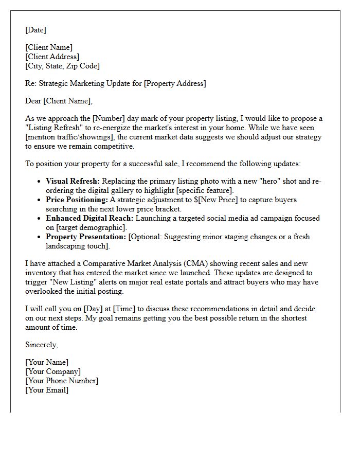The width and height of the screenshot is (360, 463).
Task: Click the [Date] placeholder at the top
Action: pos(35,30)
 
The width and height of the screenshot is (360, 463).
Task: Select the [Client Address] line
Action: pos(52,57)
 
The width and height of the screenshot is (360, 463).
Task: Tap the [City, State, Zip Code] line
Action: pos(62,66)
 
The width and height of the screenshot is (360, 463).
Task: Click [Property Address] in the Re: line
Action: pos(175,83)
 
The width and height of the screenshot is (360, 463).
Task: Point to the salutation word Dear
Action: pos(33,101)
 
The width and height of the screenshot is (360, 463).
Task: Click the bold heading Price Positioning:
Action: pos(77,200)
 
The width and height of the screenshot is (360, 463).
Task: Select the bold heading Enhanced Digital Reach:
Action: pos(89,218)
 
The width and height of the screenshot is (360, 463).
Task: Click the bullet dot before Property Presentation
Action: pos(40,237)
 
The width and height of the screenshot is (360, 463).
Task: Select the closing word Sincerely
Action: pos(41,345)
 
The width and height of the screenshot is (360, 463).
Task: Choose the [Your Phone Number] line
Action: pos(61,381)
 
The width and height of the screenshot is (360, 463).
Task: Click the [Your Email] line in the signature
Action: pos(46,390)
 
